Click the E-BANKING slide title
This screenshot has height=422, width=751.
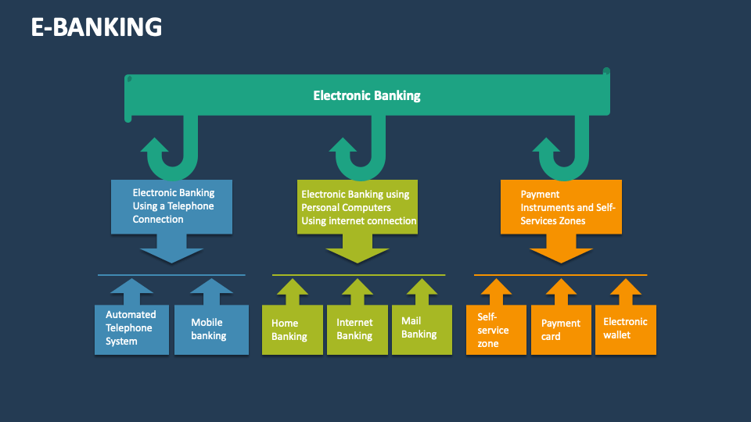click(x=96, y=27)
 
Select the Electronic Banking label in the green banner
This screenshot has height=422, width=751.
click(x=366, y=96)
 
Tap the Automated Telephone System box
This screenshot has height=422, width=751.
click(x=131, y=328)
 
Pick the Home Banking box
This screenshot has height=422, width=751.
click(x=292, y=330)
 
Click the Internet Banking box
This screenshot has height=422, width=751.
click(x=357, y=329)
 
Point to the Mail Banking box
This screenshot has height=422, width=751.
click(x=421, y=328)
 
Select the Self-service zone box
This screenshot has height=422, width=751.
click(x=496, y=330)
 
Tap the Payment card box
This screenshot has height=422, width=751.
click(x=560, y=330)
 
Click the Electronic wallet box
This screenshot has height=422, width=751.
click(x=625, y=328)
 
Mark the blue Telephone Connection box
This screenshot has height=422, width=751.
click(x=172, y=206)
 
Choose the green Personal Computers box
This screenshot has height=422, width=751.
click(x=358, y=207)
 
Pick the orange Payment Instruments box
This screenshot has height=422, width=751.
click(x=561, y=207)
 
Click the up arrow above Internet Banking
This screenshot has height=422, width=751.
click(x=357, y=291)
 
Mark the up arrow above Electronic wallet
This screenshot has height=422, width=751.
click(x=625, y=291)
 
